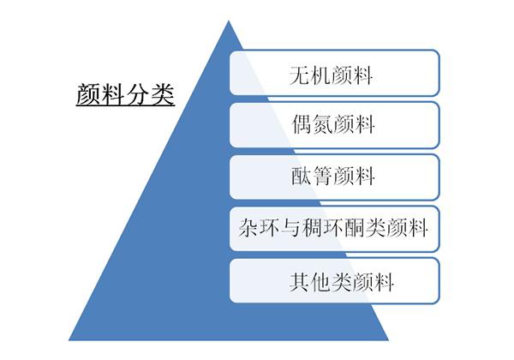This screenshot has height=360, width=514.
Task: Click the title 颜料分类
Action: pos(125,95)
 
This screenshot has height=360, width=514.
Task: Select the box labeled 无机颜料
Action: pos(334,73)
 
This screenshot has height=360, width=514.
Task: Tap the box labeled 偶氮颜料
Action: pos(334,125)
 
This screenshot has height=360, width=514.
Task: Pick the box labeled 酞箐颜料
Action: pos(334,177)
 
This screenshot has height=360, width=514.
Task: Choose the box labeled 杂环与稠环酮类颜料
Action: pos(334,229)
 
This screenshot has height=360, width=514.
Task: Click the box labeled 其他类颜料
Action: pos(334,280)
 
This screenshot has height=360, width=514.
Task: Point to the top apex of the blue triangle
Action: pos(229,21)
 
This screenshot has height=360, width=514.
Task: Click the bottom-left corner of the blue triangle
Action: pos(69,340)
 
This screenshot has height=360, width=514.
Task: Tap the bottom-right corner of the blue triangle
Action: pos(389,340)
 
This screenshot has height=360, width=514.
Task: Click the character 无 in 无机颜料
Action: pos(299,75)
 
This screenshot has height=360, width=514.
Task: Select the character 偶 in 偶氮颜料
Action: pos(302,124)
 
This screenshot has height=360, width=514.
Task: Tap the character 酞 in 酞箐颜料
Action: pos(302,176)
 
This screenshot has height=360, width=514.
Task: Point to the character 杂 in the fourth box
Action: pos(248,227)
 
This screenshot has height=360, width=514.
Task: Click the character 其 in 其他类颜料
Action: pos(299,282)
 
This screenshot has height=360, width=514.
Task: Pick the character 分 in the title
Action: pos(138,95)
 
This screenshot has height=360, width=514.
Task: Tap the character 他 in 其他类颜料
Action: pos(320,282)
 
